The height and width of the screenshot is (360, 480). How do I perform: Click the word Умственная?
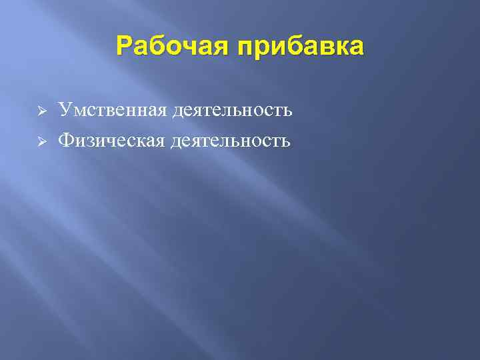[111, 109]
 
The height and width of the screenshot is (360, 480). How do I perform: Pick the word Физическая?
[111, 141]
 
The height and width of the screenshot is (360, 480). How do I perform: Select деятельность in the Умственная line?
[232, 109]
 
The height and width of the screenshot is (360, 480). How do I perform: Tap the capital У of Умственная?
[64, 109]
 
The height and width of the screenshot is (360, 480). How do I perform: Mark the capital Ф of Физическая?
[65, 141]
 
